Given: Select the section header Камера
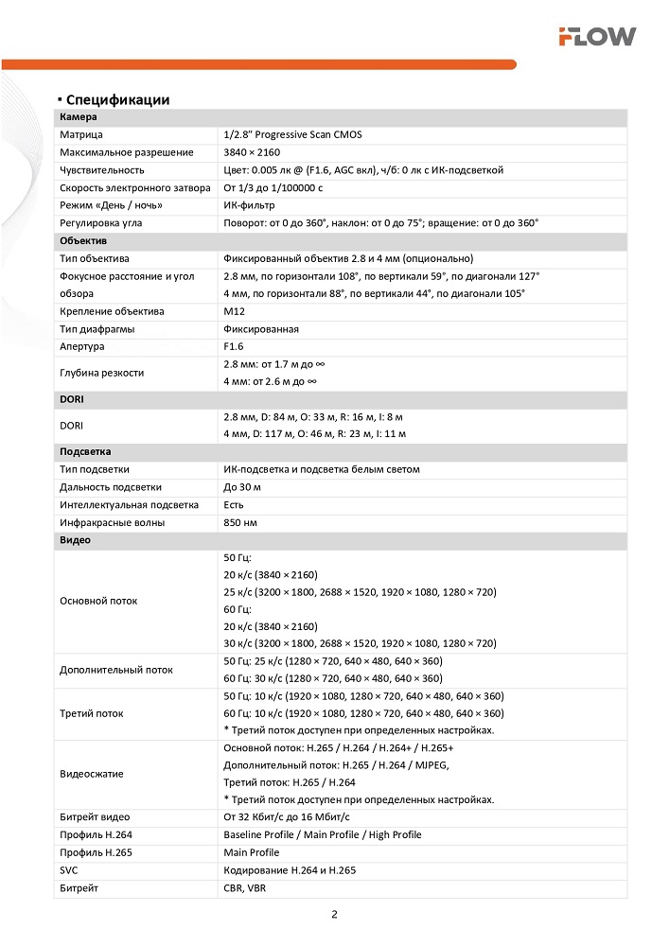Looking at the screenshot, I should tap(79, 117).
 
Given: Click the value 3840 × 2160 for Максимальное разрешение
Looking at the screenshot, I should tap(252, 152).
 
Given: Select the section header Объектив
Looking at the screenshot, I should tap(82, 241).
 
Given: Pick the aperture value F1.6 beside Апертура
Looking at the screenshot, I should tap(234, 347).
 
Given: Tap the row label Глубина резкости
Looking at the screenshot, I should tap(102, 373).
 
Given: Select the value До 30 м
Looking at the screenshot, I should tap(242, 487).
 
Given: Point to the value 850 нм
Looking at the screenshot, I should tap(240, 522).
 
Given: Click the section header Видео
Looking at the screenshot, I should tap(76, 540).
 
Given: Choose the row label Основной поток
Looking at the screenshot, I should tap(98, 601).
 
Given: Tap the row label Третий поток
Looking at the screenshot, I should tap(92, 713).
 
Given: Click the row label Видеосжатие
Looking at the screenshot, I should tap(92, 774).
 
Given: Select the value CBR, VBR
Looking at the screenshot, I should tap(245, 888).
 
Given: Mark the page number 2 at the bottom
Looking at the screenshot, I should tap(334, 915).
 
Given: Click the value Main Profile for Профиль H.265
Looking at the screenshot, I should tap(252, 852).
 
